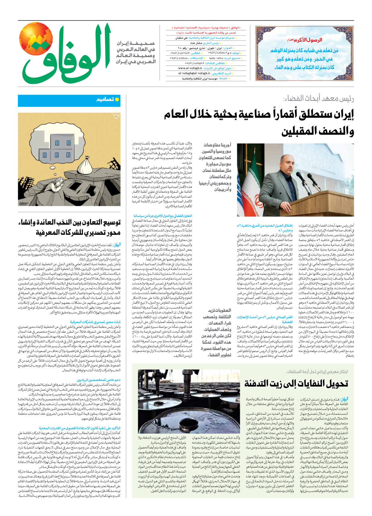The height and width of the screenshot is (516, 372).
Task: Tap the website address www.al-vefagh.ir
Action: (x=190, y=68)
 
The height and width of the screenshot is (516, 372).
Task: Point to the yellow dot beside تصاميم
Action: (x=117, y=99)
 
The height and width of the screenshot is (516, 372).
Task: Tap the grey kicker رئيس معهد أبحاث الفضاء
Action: (x=318, y=98)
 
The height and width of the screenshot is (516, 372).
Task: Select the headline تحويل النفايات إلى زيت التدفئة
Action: (x=296, y=384)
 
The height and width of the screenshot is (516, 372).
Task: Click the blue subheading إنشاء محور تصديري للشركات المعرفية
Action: (x=95, y=322)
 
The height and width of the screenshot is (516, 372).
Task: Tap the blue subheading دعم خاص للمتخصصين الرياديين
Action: (x=99, y=380)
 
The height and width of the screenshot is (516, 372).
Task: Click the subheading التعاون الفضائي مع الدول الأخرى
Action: (x=162, y=216)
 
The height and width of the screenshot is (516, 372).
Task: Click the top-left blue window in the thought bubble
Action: (x=57, y=143)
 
